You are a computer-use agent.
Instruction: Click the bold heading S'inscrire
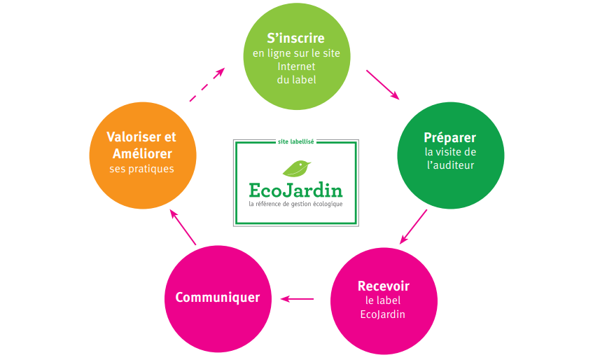pyautogui.click(x=295, y=38)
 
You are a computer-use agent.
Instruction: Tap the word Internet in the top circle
pyautogui.click(x=296, y=67)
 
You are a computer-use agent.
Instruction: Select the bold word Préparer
pyautogui.click(x=449, y=137)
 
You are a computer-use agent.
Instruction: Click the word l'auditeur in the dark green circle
pyautogui.click(x=450, y=165)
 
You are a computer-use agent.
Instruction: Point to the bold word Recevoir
pyautogui.click(x=383, y=286)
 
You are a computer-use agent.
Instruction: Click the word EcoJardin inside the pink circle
pyautogui.click(x=382, y=314)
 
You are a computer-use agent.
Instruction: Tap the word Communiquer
pyautogui.click(x=217, y=297)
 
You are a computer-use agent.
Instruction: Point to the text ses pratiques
pyautogui.click(x=141, y=169)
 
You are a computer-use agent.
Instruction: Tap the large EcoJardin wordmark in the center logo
pyautogui.click(x=295, y=190)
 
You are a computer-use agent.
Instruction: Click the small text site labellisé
pyautogui.click(x=295, y=141)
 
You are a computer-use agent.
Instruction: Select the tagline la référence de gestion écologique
pyautogui.click(x=295, y=204)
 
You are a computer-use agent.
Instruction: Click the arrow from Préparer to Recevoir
pyautogui.click(x=413, y=226)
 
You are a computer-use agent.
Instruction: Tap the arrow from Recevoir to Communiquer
pyautogui.click(x=297, y=299)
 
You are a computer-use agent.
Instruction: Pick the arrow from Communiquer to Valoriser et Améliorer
pyautogui.click(x=183, y=227)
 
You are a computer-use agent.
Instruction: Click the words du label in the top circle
pyautogui.click(x=296, y=79)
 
